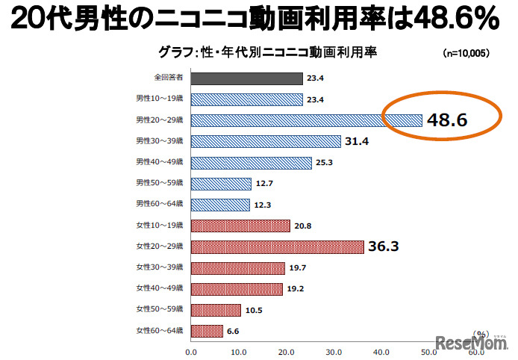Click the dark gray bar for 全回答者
point(246,78)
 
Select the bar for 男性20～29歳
point(306,120)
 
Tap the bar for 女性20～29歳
point(277,246)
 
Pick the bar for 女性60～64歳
point(207,331)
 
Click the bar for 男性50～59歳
point(221,183)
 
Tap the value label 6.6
point(234,331)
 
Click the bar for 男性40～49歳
point(251,162)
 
